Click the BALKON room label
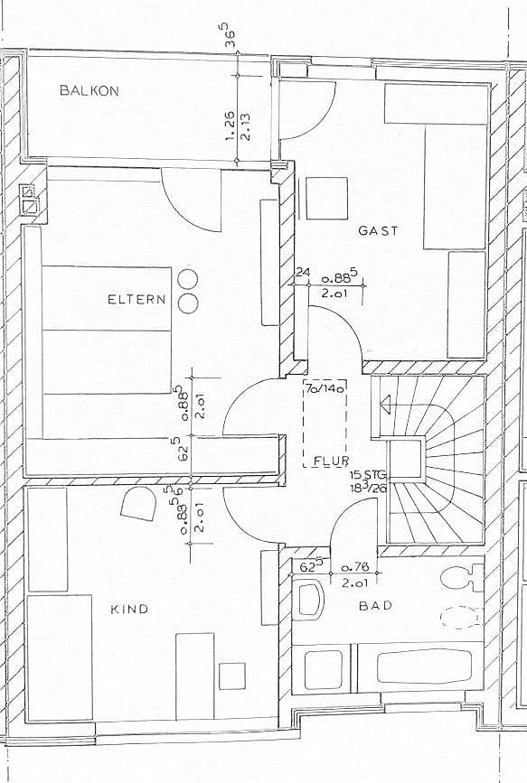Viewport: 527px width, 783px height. click(x=89, y=90)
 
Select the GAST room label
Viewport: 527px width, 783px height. click(x=378, y=230)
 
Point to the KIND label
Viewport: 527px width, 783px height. click(x=129, y=609)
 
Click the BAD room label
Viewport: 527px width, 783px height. click(x=375, y=606)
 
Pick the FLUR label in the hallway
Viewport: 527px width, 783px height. click(x=331, y=461)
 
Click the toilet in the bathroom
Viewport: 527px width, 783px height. click(x=462, y=578)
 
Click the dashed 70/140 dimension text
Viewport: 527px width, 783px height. click(x=325, y=389)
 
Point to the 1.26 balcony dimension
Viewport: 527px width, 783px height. click(x=230, y=126)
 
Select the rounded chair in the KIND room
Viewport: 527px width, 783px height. click(x=138, y=503)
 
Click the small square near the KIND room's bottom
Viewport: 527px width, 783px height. click(x=232, y=676)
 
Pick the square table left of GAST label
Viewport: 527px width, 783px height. click(x=326, y=199)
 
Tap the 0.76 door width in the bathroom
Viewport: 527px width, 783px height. click(x=354, y=568)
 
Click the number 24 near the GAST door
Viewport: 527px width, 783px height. click(x=303, y=273)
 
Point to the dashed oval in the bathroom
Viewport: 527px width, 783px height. click(x=460, y=617)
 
